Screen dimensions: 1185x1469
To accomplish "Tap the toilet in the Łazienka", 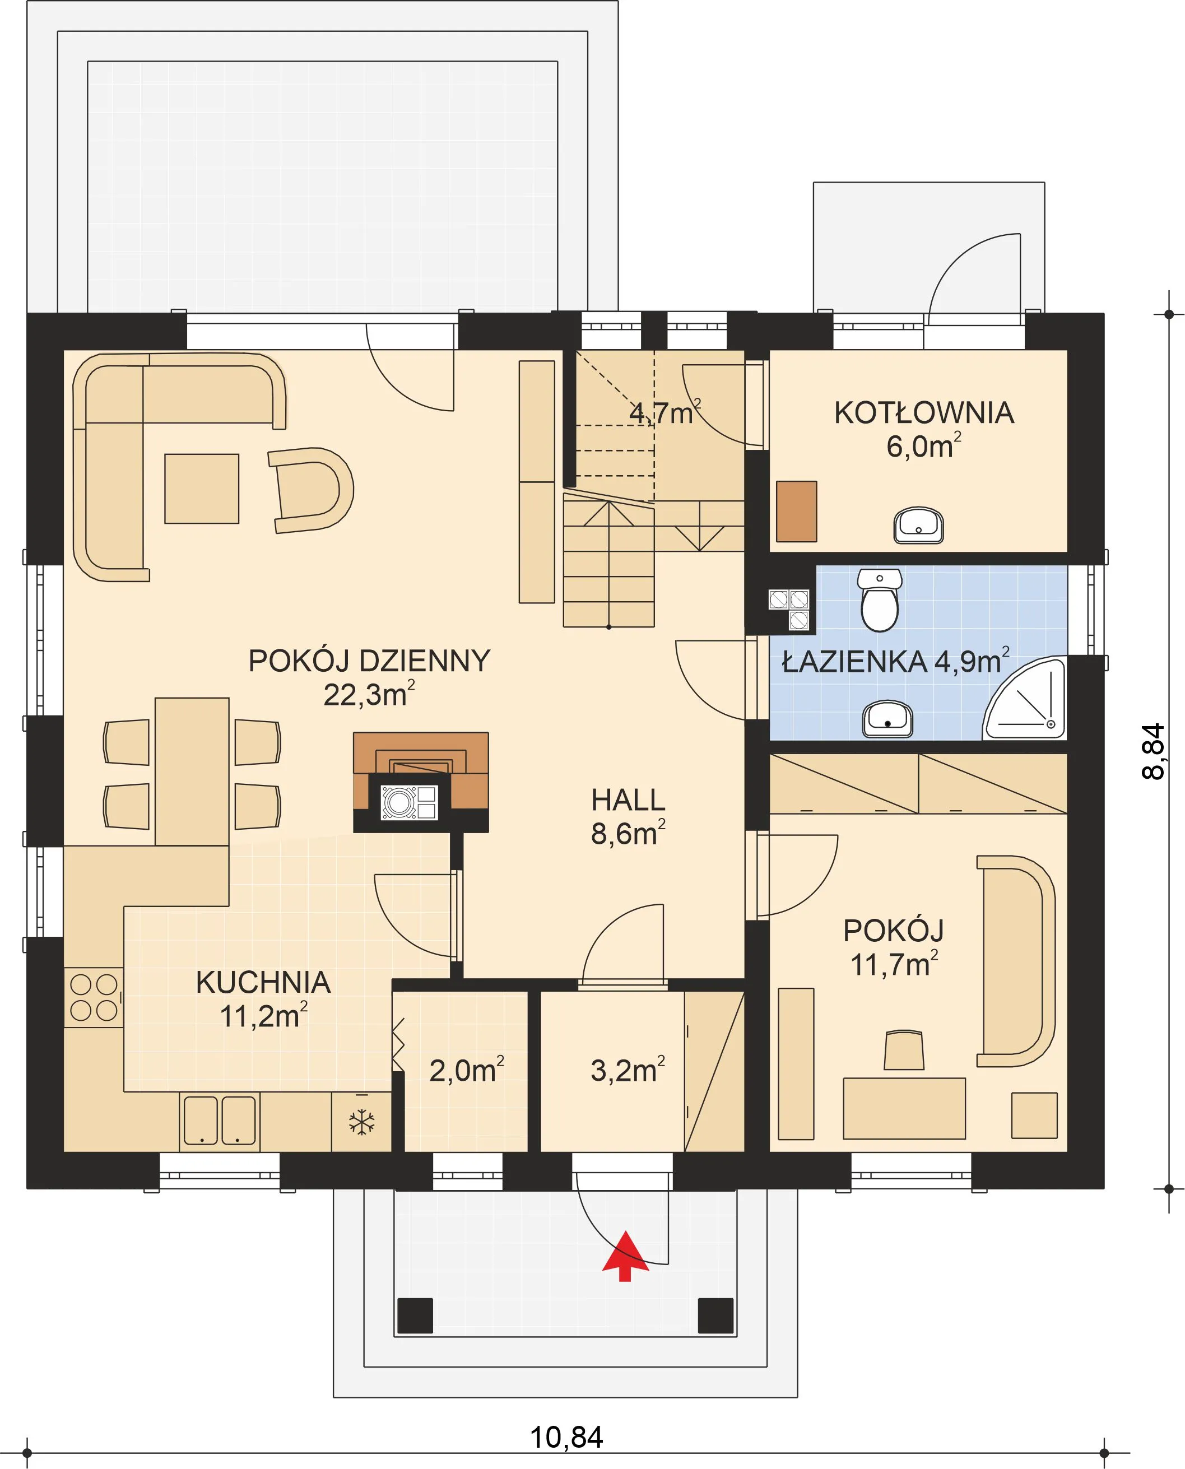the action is pos(879,600).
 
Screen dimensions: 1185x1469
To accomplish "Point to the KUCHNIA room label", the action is pos(263,982).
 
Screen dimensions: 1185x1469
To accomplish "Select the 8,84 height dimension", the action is pos(1154,751).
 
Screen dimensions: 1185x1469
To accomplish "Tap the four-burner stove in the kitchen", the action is pos(94,997).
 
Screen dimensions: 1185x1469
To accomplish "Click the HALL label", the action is pos(628,800).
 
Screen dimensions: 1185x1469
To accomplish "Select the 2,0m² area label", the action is pos(467,1070).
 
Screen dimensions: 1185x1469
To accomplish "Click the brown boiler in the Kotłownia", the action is pos(797,512).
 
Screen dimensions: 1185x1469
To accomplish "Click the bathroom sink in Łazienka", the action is pos(887,719).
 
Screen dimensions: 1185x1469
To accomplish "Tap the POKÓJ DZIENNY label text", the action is pos(369,661).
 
